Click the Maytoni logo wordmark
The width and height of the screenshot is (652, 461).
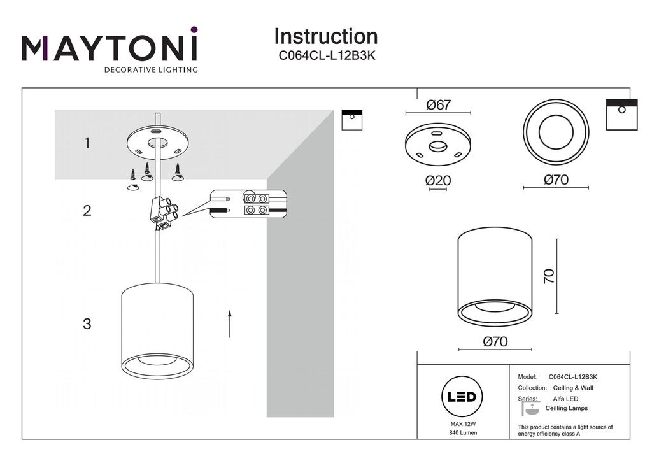[x=110, y=48]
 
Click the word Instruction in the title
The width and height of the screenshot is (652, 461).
[x=325, y=36]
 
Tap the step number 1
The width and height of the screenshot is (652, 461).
[x=87, y=143]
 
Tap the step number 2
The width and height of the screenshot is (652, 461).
[x=87, y=211]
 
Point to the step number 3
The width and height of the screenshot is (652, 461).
[x=87, y=323]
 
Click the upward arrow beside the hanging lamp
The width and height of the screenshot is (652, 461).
[x=229, y=323]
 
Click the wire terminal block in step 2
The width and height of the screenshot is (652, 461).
[x=163, y=213]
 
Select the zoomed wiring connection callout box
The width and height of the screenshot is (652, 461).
[x=249, y=204]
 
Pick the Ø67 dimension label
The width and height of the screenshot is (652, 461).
[x=438, y=105]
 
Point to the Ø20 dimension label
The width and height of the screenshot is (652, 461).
[x=438, y=181]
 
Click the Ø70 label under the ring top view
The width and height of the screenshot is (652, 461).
[x=556, y=180]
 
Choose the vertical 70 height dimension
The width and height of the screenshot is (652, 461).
[x=549, y=276]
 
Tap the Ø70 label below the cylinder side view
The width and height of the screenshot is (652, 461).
[x=495, y=342]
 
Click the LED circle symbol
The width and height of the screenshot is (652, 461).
[x=462, y=397]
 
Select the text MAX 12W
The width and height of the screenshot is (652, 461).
[x=462, y=423]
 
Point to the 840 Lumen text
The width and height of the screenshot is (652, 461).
[x=462, y=433]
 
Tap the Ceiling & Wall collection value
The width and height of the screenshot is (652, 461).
[x=570, y=388]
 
